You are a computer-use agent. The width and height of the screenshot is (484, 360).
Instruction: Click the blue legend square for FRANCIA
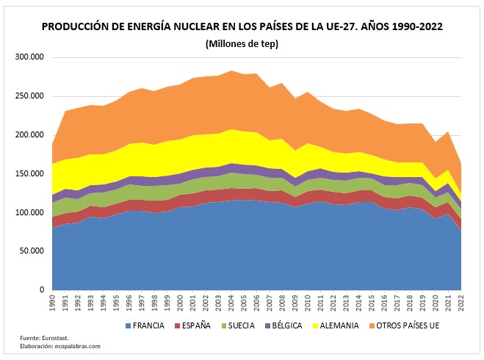[x=129, y=324]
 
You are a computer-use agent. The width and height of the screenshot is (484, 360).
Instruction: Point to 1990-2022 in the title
[x=415, y=27]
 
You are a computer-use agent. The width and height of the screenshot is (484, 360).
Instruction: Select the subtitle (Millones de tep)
[x=242, y=43]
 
